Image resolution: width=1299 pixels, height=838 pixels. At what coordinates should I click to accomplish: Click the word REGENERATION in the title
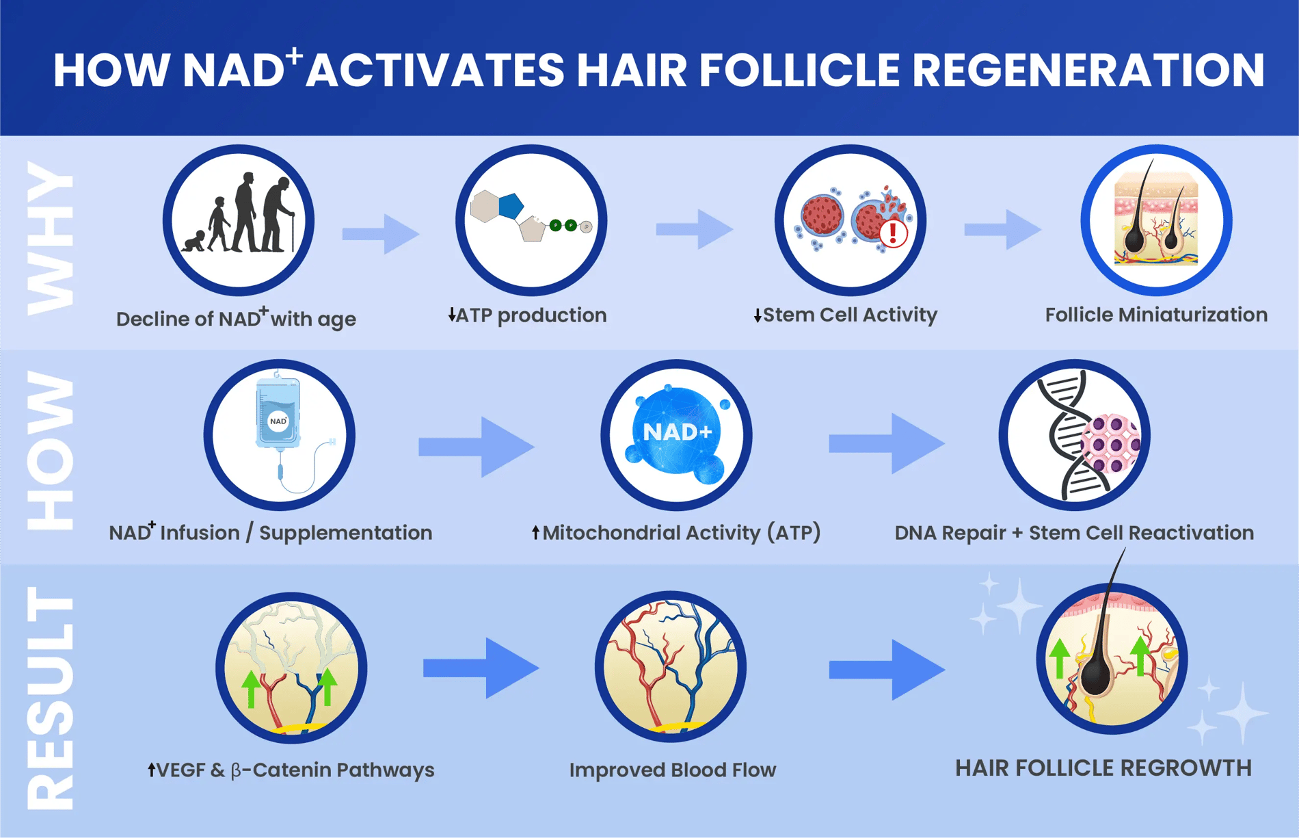click(1088, 70)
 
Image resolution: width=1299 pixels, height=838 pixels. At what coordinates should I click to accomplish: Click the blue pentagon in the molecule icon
click(511, 205)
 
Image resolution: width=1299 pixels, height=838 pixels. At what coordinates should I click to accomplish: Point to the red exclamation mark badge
click(893, 233)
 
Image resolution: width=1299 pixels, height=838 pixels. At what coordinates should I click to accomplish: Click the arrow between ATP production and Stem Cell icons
click(694, 229)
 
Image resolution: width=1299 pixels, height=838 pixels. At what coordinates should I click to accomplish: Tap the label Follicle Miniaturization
click(1156, 315)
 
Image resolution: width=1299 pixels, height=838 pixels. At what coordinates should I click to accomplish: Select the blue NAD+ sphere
click(677, 432)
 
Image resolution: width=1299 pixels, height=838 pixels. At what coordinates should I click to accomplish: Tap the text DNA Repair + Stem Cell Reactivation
click(1074, 533)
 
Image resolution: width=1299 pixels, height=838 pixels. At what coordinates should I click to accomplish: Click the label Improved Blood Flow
click(673, 770)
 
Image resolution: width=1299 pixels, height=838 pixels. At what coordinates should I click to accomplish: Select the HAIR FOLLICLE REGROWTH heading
click(1103, 768)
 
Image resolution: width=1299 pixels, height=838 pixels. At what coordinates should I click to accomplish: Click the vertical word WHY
click(50, 239)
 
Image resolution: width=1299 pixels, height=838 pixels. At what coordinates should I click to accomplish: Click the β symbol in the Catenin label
click(237, 771)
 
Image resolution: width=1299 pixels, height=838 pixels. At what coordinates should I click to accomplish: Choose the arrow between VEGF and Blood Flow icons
click(481, 668)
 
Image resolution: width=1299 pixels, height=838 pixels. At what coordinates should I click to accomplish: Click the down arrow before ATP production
click(451, 315)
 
